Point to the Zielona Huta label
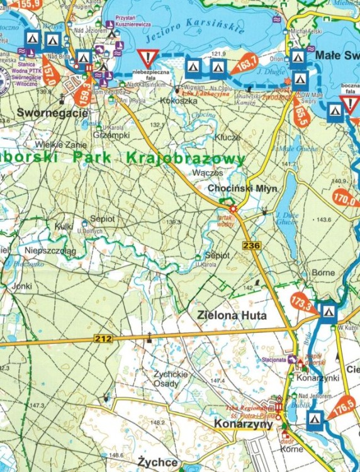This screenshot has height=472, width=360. pos(232,315)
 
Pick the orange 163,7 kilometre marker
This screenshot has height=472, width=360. pos(245,62)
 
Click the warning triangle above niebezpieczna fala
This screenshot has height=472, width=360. pos(149,60)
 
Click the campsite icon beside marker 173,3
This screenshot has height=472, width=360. pos(328,312)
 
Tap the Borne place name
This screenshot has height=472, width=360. pos(323,273)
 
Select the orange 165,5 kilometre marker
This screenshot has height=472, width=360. pos(301,115)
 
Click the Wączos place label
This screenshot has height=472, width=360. pos(210,172)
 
